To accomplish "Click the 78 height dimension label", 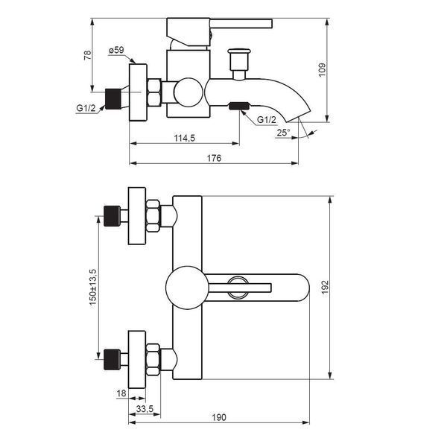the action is [87, 54].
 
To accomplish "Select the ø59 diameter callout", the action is [116, 50].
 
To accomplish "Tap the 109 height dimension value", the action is [322, 70].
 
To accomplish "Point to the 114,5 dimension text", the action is [185, 138].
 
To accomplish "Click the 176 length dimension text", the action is [214, 158].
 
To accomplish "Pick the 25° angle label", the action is [283, 133].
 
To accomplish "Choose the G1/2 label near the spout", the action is [267, 120].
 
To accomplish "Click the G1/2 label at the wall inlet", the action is [86, 108].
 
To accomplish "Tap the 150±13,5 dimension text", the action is [93, 287].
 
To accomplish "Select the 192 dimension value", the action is [325, 288].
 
